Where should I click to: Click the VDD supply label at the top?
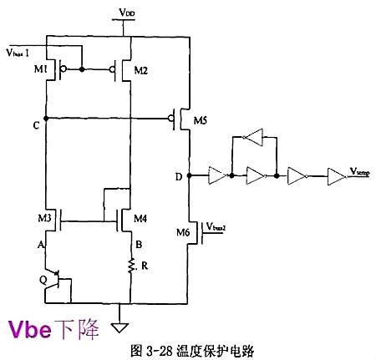[x=124, y=14]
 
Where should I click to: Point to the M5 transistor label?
[x=200, y=121]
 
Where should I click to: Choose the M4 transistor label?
[x=141, y=219]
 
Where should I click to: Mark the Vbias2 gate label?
[x=218, y=226]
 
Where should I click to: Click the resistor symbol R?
[x=132, y=266]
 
